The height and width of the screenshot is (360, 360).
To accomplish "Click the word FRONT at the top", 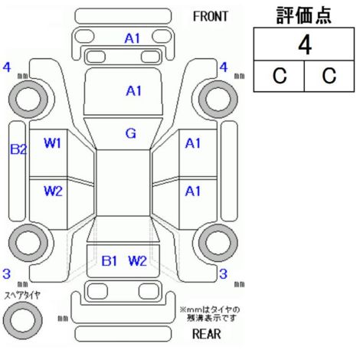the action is [x=210, y=17].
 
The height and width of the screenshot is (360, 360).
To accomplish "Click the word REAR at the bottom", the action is [x=206, y=334].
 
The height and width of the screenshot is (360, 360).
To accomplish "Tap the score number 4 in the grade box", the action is [x=305, y=45].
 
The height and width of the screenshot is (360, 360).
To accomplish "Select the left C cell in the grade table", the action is [x=280, y=76].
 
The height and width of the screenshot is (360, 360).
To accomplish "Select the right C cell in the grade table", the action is [x=329, y=76].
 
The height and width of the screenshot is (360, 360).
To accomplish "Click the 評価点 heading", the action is [x=304, y=15].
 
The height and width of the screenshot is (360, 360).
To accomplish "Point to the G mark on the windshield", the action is [x=131, y=133].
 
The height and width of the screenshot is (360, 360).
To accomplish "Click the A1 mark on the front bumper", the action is [x=133, y=38].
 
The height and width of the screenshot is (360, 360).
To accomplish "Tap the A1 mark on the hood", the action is [x=133, y=91].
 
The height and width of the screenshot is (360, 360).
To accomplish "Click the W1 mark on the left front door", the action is [x=52, y=143].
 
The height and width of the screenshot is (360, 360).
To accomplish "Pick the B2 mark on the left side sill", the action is [x=18, y=149].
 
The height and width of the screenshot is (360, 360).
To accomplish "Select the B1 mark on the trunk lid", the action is [x=110, y=261].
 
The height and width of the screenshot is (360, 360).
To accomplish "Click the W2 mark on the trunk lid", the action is [x=137, y=261].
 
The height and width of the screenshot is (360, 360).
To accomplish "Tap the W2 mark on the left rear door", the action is [x=53, y=191].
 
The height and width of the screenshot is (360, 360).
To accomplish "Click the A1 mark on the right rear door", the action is [x=193, y=191].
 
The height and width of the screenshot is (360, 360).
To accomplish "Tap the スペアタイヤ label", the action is [x=22, y=296].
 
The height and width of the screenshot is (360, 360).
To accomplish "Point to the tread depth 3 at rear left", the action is [x=7, y=273].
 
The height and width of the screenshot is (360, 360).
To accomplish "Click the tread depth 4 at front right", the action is [x=224, y=67].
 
